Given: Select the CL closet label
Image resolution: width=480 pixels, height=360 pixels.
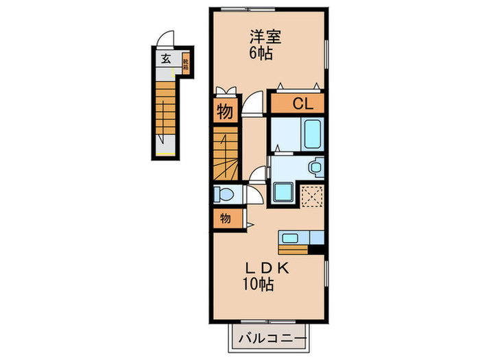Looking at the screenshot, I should pyautogui.click(x=303, y=104).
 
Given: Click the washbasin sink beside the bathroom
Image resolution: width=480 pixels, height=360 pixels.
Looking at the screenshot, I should pyautogui.click(x=315, y=167).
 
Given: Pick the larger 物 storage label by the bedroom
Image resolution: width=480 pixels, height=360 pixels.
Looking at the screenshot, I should pyautogui.click(x=225, y=112).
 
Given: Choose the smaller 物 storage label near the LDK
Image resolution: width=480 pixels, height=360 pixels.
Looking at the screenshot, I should pyautogui.click(x=225, y=219).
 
